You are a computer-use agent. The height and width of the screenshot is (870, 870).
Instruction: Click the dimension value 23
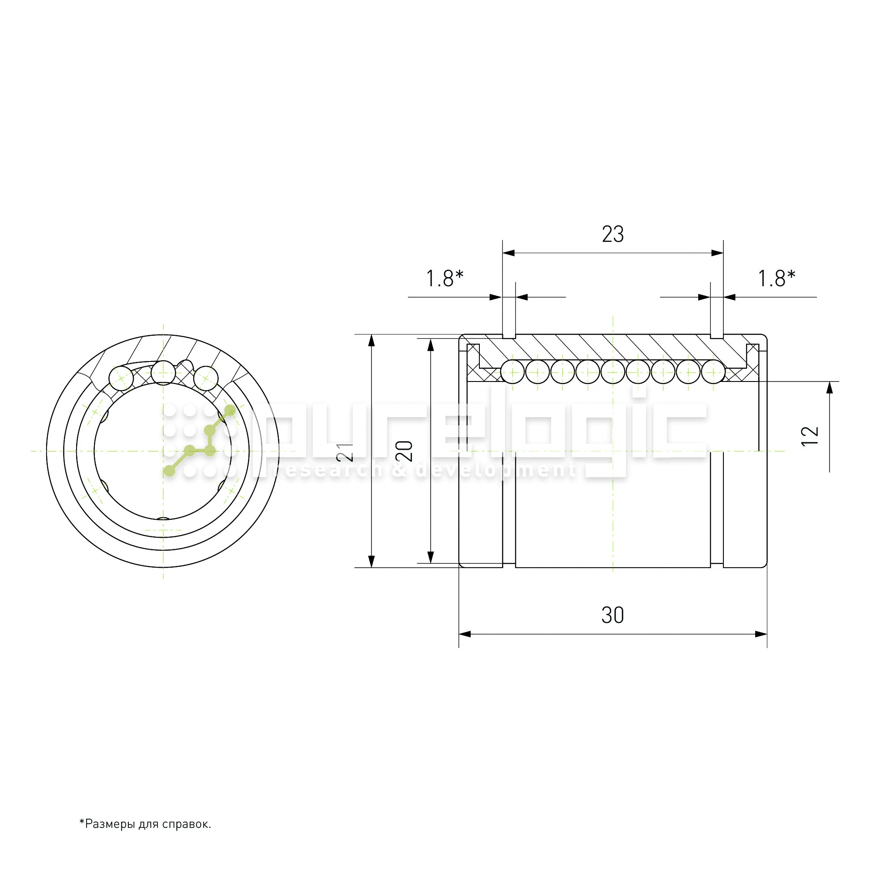click(612, 234)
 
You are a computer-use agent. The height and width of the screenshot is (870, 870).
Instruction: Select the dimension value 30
click(612, 615)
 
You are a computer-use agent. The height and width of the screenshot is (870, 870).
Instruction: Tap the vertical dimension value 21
click(345, 452)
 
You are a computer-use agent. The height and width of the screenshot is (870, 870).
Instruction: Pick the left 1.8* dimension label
click(445, 278)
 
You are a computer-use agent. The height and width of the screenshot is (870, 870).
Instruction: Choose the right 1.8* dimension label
click(776, 278)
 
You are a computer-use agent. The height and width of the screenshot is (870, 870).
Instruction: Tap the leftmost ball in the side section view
click(513, 372)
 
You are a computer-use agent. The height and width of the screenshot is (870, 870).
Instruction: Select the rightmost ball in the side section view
click(713, 372)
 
